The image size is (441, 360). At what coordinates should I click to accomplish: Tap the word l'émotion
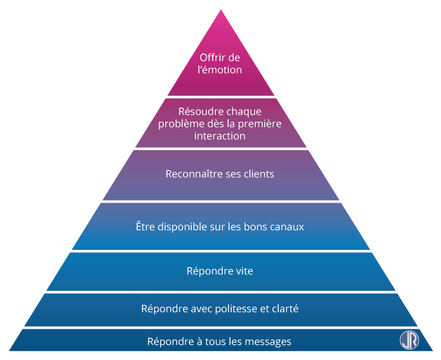[220, 70]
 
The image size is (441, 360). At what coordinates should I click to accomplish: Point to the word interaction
[220, 136]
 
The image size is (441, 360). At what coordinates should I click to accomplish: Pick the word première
[262, 124]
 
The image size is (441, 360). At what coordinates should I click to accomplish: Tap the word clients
[258, 174]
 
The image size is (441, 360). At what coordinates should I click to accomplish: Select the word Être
[145, 227]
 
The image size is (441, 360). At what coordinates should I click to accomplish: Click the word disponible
[181, 227]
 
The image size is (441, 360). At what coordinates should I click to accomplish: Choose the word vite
[243, 271]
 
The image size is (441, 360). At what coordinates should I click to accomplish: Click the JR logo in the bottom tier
[409, 340]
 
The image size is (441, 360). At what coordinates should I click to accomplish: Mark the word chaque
[244, 112]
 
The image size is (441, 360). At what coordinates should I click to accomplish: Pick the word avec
[200, 309]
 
